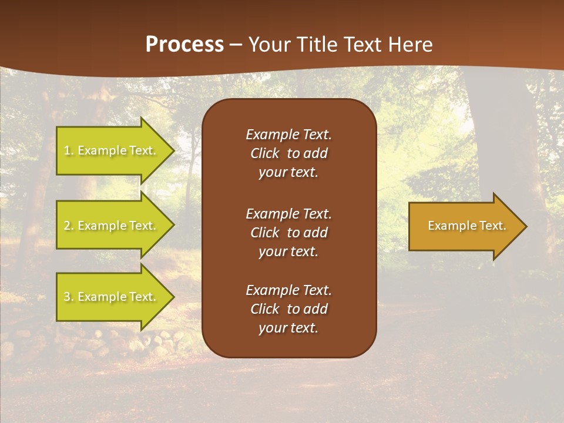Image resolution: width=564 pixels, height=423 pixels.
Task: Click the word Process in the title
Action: tap(184, 45)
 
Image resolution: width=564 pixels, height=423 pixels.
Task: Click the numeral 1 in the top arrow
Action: tap(66, 150)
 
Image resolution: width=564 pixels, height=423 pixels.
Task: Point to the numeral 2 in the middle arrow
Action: tap(67, 226)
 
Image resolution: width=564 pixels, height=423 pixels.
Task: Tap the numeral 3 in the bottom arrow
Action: tap(67, 297)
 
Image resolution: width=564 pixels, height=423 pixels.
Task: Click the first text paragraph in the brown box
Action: tap(288, 153)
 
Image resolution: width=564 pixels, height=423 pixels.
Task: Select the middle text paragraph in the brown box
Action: tap(288, 233)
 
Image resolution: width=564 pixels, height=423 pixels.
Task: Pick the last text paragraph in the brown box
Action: tap(288, 309)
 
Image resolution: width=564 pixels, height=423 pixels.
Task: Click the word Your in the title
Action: tap(267, 45)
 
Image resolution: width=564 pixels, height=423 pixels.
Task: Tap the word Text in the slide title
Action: tap(358, 45)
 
